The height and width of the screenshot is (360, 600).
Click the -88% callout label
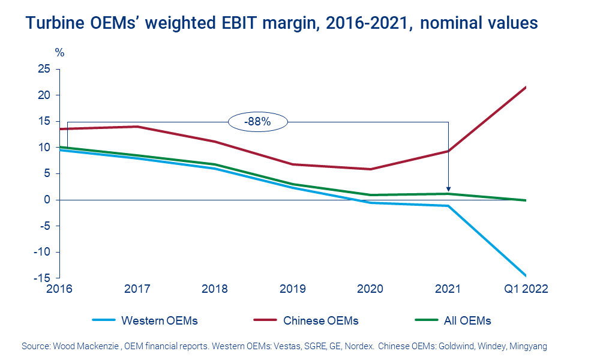258,122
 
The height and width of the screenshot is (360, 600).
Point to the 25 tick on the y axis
43,69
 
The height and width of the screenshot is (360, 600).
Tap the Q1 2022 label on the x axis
526,289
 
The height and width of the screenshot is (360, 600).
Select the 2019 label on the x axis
292,289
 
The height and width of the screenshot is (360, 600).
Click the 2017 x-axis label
137,289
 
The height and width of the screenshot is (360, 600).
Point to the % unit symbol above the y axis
59,52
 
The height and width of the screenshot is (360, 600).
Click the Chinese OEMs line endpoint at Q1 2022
526,87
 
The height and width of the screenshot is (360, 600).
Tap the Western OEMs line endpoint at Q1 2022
526,275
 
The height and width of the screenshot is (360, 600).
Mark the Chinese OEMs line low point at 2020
370,169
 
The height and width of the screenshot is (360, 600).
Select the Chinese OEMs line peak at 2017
137,127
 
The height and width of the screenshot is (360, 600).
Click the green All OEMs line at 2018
215,164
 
